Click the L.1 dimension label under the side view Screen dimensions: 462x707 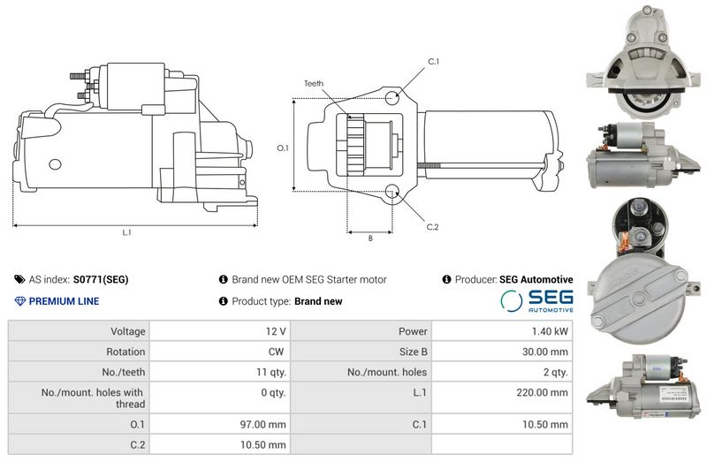(126, 233)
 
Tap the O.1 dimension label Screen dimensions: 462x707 (283, 148)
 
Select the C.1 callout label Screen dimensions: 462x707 (433, 61)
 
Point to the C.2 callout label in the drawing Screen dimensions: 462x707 (432, 227)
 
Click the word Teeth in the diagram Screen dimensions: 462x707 (314, 83)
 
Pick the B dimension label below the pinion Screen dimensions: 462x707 (369, 238)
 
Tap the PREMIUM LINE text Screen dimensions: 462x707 (64, 301)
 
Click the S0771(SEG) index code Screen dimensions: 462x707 (100, 279)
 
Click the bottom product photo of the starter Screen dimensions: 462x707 (638, 390)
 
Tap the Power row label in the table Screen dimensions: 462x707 (413, 331)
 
